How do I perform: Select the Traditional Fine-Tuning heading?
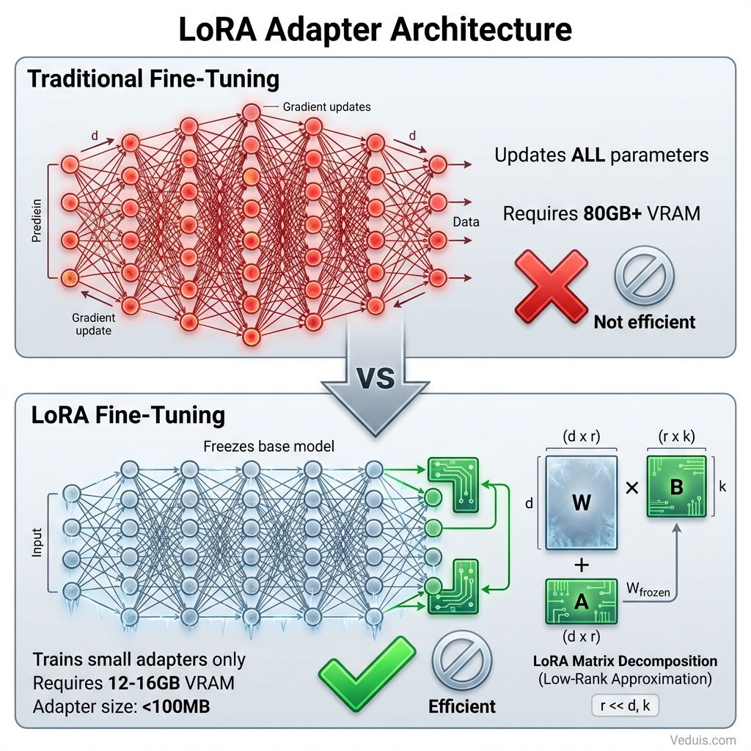tap(153, 78)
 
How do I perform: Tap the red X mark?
tap(551, 286)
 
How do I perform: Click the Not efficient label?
tap(644, 321)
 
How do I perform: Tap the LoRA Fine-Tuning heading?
tap(128, 415)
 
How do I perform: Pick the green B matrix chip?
tap(676, 486)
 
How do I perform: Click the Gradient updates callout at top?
tap(326, 107)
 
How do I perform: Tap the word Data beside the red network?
tap(466, 221)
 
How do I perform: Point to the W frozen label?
tap(648, 589)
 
